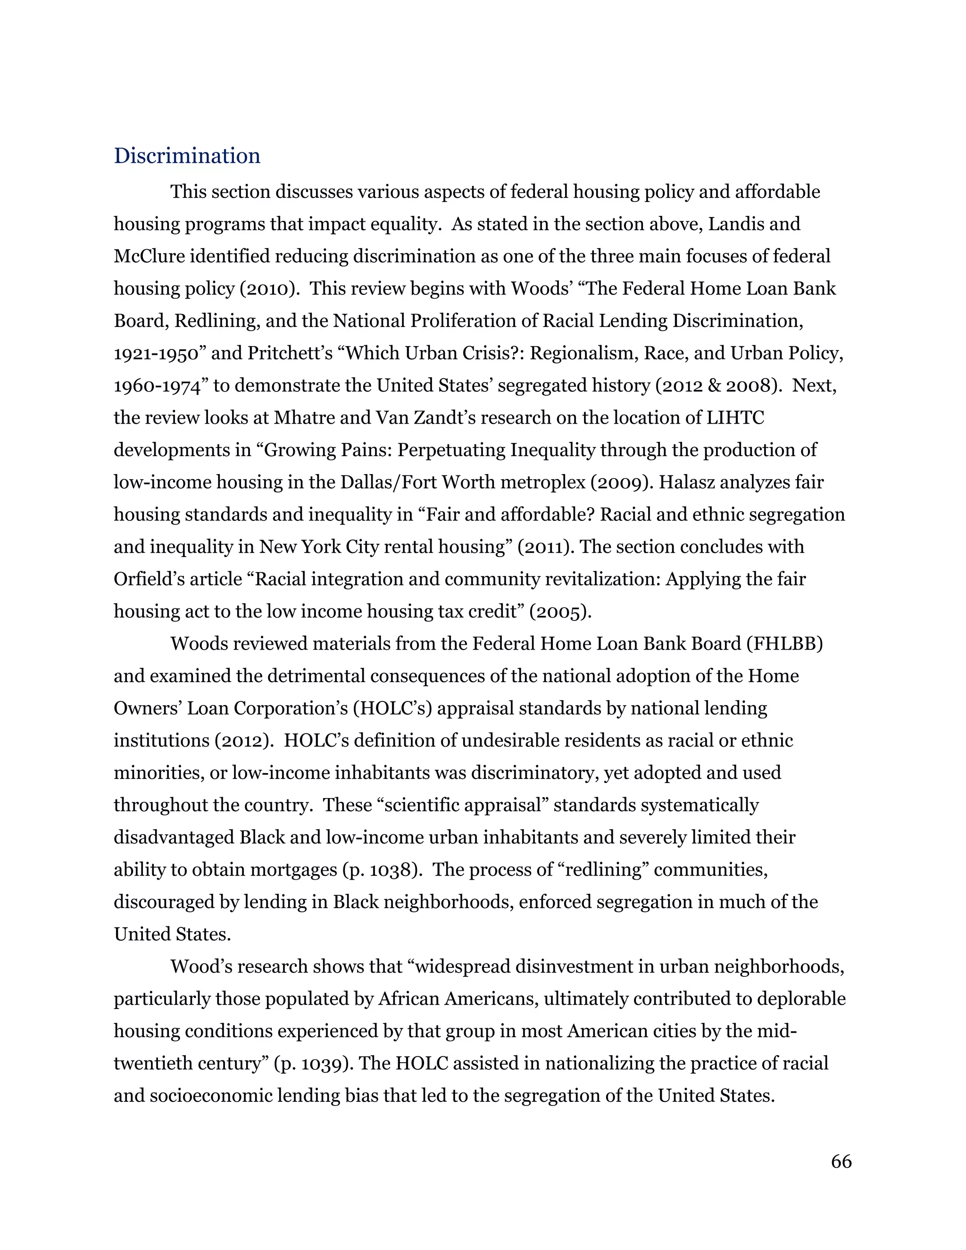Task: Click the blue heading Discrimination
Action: pyautogui.click(x=187, y=156)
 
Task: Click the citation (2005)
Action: pyautogui.click(x=560, y=612)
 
